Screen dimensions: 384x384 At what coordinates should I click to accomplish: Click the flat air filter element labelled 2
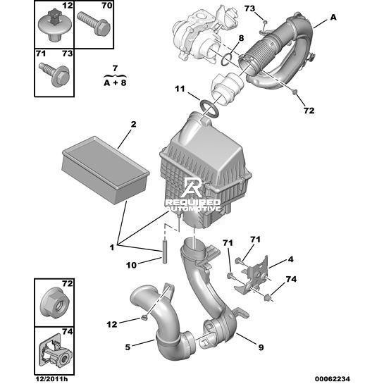pos(106,170)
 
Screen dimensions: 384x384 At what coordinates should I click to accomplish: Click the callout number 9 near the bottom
pos(261,347)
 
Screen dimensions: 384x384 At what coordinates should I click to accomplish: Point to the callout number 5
pos(128,347)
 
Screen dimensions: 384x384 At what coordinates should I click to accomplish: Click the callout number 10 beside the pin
pos(131,265)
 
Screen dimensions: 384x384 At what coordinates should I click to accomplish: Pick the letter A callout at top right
pos(333,18)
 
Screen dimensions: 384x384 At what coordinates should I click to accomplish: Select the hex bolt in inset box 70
pos(94,23)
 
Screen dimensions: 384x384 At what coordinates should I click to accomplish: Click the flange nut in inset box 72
pos(56,302)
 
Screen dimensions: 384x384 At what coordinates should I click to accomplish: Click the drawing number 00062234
pos(332,378)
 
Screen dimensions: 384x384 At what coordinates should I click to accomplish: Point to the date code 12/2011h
pos(51,379)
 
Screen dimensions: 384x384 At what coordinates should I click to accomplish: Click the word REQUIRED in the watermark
pos(193,202)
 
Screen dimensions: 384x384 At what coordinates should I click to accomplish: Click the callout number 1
pos(112,247)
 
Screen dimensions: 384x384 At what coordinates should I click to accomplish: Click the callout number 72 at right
pos(309,111)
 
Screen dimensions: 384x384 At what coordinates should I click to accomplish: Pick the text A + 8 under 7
pos(115,82)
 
